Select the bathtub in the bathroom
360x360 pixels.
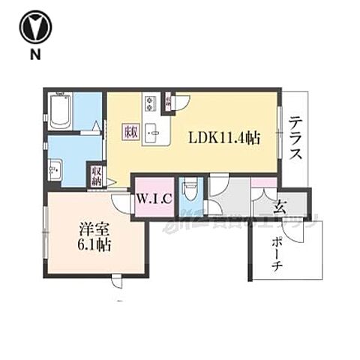[61, 112]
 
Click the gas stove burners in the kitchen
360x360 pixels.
[148, 100]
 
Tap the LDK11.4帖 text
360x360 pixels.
[223, 138]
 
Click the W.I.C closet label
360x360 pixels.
[154, 199]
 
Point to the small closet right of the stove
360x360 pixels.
[169, 100]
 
